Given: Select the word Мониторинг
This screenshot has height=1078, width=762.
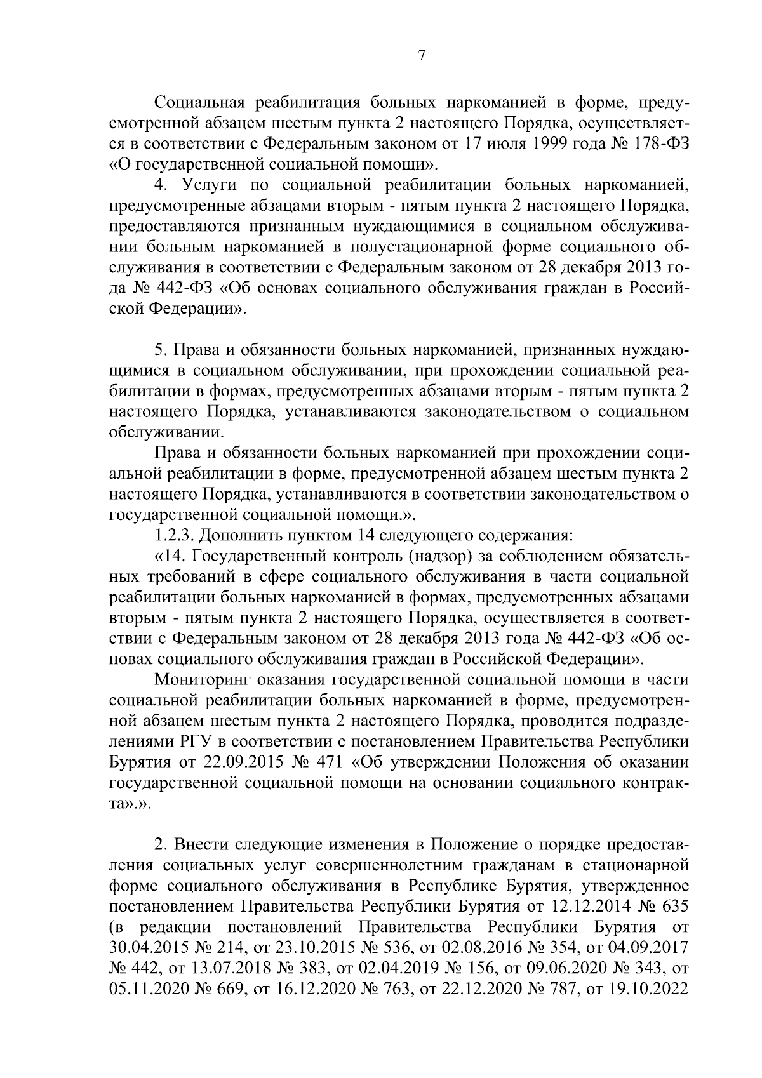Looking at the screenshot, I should (x=202, y=680).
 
